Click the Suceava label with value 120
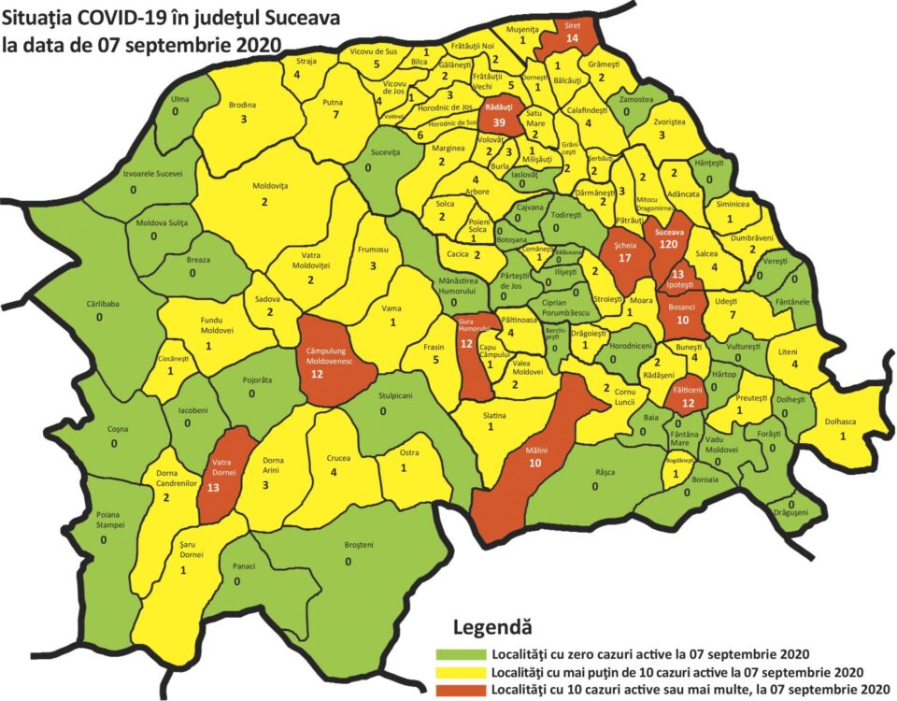668,231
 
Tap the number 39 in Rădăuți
499,123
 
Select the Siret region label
572,23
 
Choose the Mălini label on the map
535,451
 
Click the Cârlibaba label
99,304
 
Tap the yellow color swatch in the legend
460,672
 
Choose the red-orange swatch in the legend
460,690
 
